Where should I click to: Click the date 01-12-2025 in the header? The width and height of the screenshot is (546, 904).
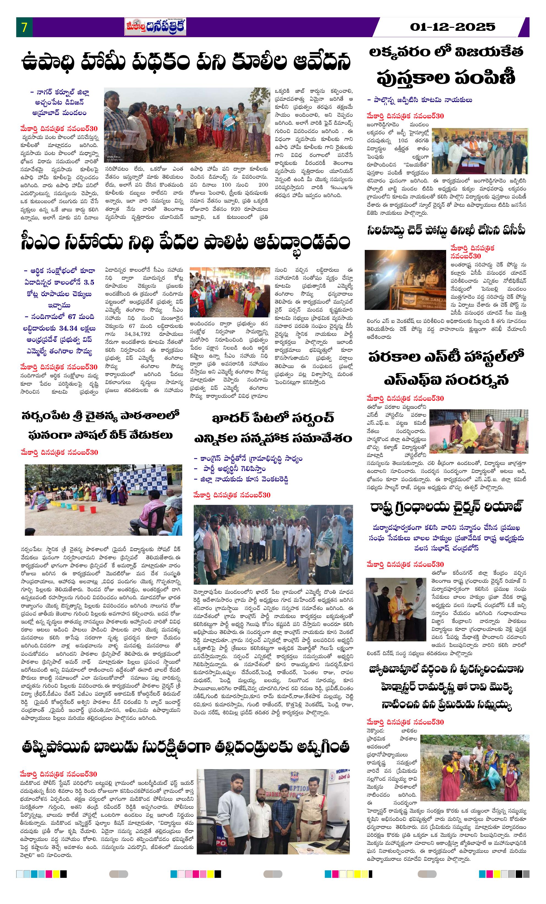(452, 27)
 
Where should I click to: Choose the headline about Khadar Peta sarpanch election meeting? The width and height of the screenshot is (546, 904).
(273, 428)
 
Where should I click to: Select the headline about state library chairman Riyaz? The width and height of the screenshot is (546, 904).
(446, 507)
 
